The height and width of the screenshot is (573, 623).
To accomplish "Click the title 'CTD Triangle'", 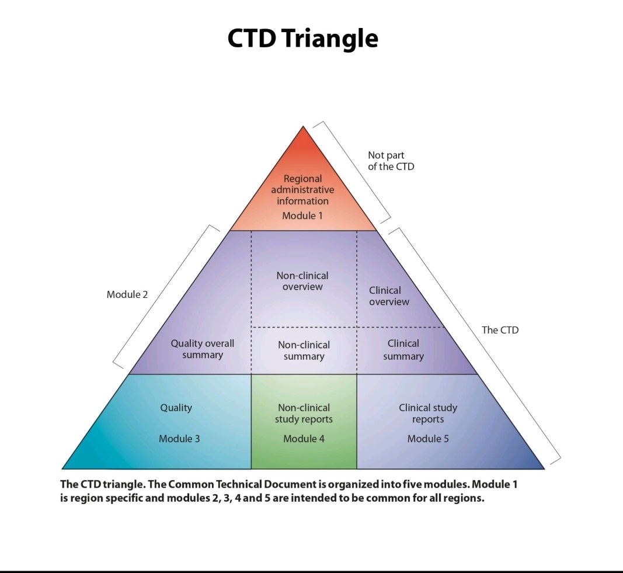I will pos(302,39).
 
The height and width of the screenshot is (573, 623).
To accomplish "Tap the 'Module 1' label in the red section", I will pos(302,216).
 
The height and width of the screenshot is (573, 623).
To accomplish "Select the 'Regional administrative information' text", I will pos(302,190).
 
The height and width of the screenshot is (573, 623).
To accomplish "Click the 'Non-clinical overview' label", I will pos(302,281).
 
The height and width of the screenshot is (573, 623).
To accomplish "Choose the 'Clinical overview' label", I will pos(389,296).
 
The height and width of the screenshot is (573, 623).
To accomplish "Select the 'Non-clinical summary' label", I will pos(304,350).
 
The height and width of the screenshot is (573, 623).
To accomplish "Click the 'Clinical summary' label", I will pos(403,349).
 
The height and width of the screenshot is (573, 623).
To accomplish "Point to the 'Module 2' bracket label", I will pos(127,294).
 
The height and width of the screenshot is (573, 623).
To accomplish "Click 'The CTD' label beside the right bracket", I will pos(500,330).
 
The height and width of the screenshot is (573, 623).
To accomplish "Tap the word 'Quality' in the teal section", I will pos(176,408).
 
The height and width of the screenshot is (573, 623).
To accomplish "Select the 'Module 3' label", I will pos(179,439).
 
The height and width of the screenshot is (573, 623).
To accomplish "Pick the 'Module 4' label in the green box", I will pos(304,439).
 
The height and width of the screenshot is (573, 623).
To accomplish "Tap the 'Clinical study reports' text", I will pos(428,414).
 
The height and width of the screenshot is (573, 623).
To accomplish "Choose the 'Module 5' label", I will pos(428,439).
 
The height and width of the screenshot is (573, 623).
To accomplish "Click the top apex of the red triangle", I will pos(303,128).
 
